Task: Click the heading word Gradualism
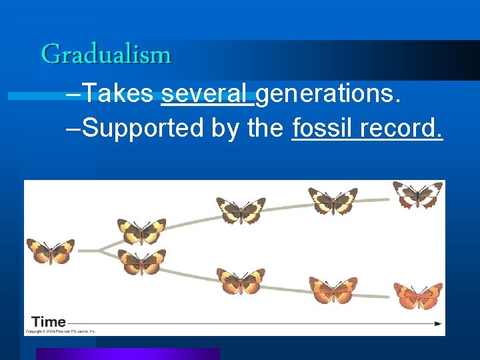point(107,54)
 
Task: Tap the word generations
point(328,95)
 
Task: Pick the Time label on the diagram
point(49,322)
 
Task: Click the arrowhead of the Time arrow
point(438,323)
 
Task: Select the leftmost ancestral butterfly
point(51,251)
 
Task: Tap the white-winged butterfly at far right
point(418,195)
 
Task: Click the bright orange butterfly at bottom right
point(418,295)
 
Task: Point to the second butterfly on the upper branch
point(241,210)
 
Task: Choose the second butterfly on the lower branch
point(241,281)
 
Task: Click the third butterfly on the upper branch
point(333,201)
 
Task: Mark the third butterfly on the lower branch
point(333,290)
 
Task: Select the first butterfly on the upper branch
point(141,231)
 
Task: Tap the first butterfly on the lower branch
point(141,262)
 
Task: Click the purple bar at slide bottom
point(127,354)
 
